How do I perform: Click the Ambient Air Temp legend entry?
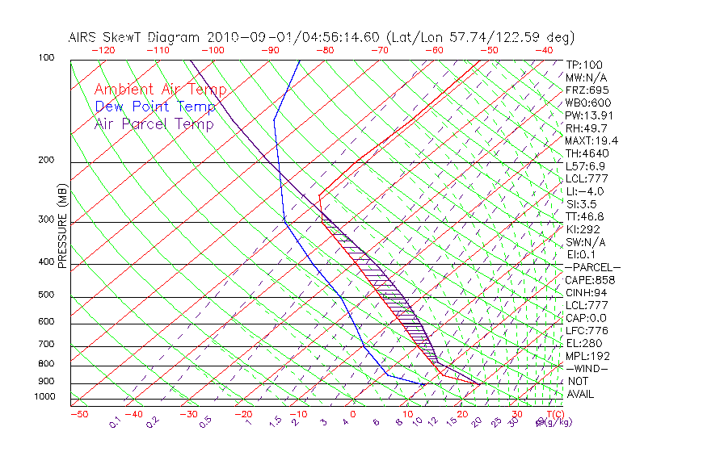tap(160, 90)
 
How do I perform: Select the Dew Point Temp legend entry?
tap(155, 107)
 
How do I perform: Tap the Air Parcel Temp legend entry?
tap(154, 123)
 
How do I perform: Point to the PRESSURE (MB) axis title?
tap(62, 227)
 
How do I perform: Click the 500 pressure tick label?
tap(46, 295)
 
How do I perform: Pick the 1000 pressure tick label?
tap(44, 397)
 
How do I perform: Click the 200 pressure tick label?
tap(46, 161)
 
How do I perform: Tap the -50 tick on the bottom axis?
tap(78, 414)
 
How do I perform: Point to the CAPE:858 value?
tap(590, 280)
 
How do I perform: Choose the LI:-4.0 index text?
tap(585, 191)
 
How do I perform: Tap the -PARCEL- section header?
tap(593, 267)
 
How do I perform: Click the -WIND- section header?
tap(588, 369)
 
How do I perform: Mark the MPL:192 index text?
tap(587, 356)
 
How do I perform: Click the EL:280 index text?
tap(584, 343)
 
